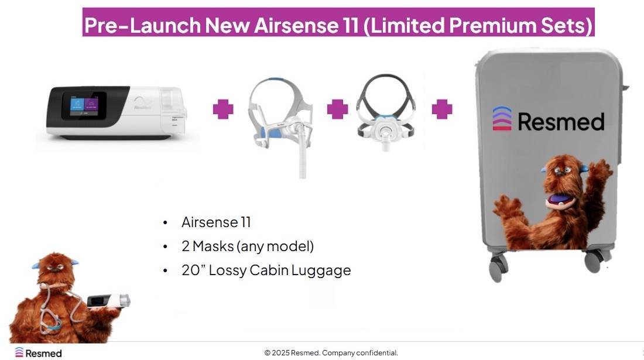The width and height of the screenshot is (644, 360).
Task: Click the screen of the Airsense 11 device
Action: [84, 106]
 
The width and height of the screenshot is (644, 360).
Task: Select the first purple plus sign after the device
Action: [223, 109]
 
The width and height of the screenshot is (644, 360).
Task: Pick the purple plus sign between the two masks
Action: [337, 109]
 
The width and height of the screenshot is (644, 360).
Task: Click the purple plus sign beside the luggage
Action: [442, 109]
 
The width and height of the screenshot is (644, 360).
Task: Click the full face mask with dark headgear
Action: [385, 110]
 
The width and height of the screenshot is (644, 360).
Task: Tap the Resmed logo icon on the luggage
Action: [502, 118]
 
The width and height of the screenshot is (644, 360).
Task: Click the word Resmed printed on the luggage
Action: [561, 122]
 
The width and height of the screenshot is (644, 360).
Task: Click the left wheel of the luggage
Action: [498, 268]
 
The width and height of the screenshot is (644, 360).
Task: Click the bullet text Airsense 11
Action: [216, 222]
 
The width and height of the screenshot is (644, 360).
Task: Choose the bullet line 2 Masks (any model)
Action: [248, 246]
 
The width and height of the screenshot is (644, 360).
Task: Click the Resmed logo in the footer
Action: [38, 352]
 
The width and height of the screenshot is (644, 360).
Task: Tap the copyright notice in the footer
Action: [331, 352]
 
